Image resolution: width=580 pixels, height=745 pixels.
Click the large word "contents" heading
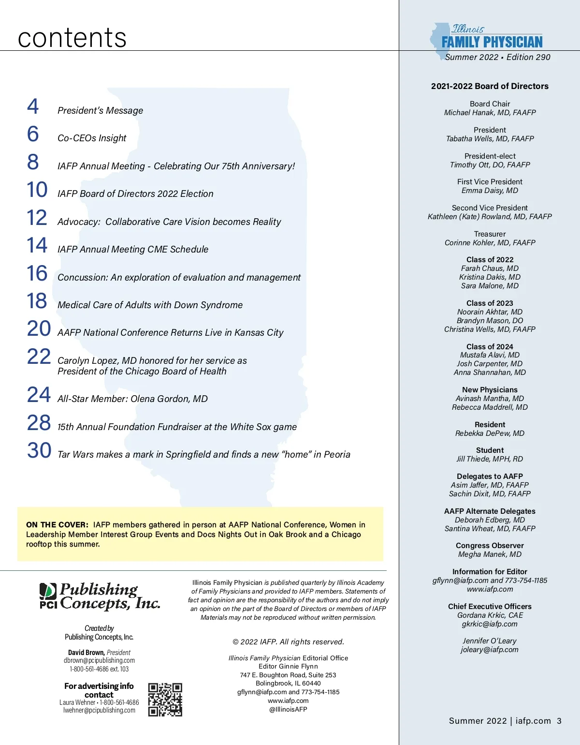(72, 38)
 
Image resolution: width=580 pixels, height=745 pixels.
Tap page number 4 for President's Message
(33, 106)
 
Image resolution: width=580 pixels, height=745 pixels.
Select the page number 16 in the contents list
(37, 273)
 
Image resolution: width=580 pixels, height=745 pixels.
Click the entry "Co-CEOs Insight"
(92, 138)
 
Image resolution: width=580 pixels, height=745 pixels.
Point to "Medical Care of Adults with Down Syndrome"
(150, 305)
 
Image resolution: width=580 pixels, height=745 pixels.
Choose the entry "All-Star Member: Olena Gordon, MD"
(132, 399)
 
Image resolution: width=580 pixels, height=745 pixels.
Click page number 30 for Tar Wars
(39, 450)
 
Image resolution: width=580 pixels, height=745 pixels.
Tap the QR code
(165, 700)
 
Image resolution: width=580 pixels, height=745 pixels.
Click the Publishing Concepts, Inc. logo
(100, 596)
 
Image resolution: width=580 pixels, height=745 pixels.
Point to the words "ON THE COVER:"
(57, 525)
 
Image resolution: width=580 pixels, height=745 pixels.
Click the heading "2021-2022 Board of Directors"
(490, 87)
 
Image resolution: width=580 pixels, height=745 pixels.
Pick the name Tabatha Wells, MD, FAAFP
(490, 139)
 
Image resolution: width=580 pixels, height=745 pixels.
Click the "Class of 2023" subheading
(490, 303)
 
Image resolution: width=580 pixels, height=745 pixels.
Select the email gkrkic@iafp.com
(490, 624)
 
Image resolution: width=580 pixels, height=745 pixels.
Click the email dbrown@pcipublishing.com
(99, 660)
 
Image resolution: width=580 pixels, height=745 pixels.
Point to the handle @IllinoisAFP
(288, 709)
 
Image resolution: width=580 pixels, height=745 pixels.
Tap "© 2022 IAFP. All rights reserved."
(288, 642)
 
